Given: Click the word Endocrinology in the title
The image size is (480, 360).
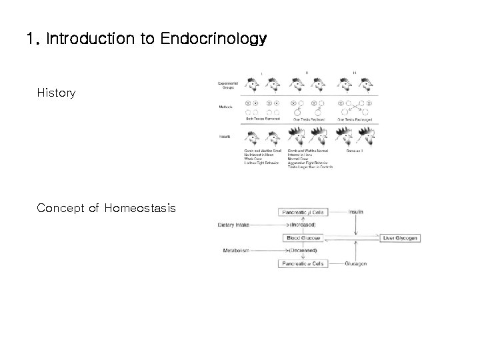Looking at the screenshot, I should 213,39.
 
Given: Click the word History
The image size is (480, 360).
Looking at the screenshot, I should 56,93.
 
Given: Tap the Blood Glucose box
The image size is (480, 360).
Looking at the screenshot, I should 303,238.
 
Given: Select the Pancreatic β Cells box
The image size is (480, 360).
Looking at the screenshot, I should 303,213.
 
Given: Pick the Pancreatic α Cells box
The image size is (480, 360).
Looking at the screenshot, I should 303,263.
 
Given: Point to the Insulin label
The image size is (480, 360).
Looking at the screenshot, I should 357,213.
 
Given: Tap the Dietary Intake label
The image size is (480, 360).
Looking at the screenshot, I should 233,225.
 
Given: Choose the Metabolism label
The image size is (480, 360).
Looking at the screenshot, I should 235,251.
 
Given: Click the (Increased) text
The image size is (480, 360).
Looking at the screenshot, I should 303,225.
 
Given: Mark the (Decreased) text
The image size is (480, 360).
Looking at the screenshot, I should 303,251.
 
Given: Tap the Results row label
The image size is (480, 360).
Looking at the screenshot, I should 224,136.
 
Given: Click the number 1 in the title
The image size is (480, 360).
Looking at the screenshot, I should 29,39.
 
